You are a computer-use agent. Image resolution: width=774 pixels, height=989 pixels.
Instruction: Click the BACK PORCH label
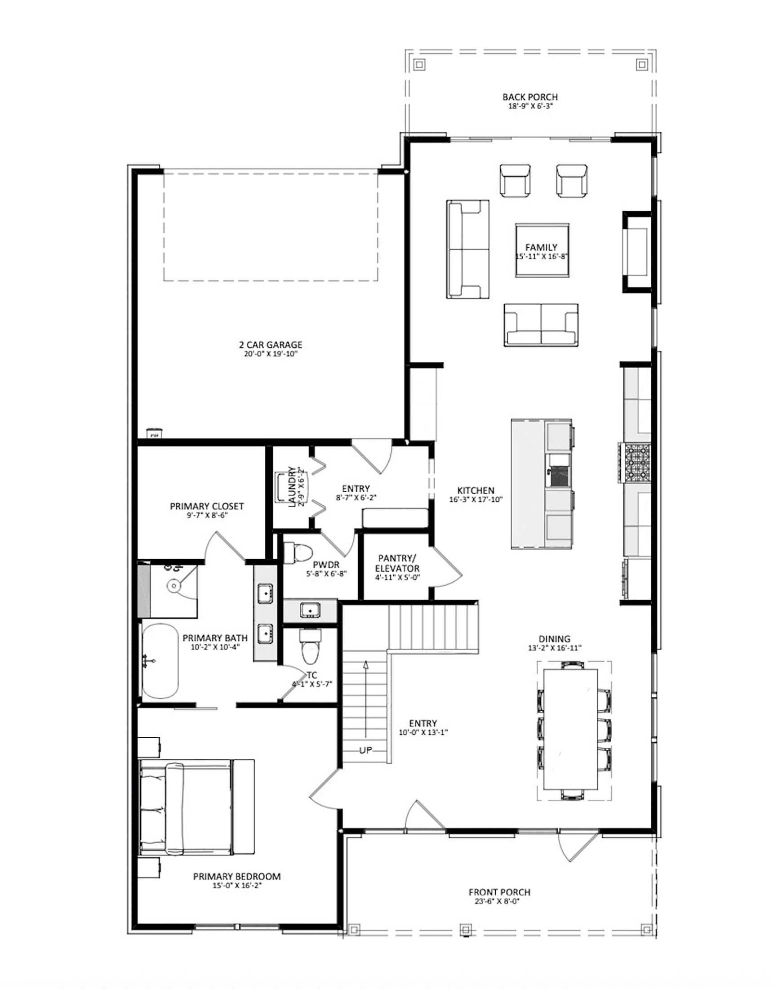(530, 97)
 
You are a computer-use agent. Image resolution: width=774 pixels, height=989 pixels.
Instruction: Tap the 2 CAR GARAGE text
(271, 345)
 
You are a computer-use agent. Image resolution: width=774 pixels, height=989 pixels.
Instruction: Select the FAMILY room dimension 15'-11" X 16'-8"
(542, 256)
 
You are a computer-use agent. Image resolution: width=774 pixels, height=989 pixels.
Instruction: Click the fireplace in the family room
(637, 252)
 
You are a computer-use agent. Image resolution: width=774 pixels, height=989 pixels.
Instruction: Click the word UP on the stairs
(365, 750)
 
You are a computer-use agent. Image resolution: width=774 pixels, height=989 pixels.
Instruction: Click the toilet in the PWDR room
(299, 553)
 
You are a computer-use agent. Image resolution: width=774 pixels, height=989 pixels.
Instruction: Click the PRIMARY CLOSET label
(207, 506)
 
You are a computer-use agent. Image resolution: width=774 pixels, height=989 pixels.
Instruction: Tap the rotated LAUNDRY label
(292, 486)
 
